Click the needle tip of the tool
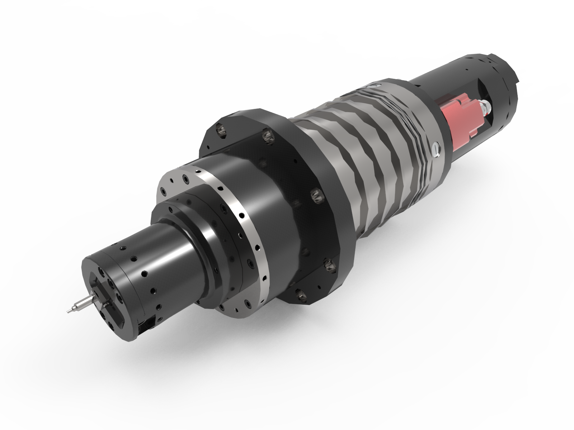point(68,311)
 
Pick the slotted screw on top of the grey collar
point(375,86)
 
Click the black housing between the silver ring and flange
point(273,201)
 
